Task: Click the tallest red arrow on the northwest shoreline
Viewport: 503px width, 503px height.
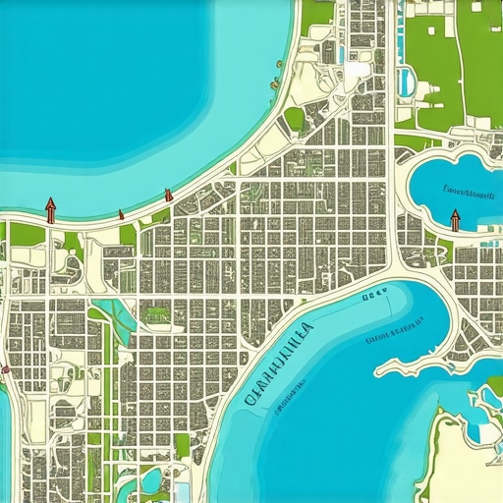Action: click(x=50, y=209)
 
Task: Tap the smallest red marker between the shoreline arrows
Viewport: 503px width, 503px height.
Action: click(x=121, y=213)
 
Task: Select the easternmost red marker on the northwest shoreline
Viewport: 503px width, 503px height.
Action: click(x=169, y=195)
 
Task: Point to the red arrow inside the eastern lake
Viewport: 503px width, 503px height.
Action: click(x=454, y=219)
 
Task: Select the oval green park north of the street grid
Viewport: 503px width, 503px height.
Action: click(x=294, y=120)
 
